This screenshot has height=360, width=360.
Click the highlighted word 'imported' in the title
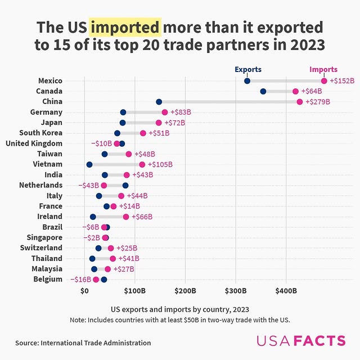pyautogui.click(x=125, y=27)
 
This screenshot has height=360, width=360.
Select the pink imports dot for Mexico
pyautogui.click(x=324, y=81)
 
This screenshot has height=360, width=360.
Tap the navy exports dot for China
pyautogui.click(x=159, y=102)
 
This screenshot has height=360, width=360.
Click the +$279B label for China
pyautogui.click(x=318, y=102)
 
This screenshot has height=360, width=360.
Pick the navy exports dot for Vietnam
pyautogui.click(x=89, y=164)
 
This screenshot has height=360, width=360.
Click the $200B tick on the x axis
pyautogui.click(x=185, y=291)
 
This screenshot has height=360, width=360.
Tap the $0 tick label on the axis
pyautogui.click(x=84, y=291)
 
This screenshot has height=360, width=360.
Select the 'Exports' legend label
pyautogui.click(x=247, y=70)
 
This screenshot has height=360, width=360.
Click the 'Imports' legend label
pyautogui.click(x=323, y=70)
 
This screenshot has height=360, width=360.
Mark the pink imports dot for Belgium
pyautogui.click(x=96, y=280)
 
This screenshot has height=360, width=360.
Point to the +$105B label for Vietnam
pyautogui.click(x=160, y=164)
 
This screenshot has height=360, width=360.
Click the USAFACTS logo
pyautogui.click(x=301, y=341)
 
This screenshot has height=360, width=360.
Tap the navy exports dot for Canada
pyautogui.click(x=263, y=91)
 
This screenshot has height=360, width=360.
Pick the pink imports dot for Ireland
pyautogui.click(x=126, y=217)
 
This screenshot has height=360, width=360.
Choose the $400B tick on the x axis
pyautogui.click(x=286, y=291)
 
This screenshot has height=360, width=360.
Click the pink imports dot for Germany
pyautogui.click(x=165, y=112)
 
